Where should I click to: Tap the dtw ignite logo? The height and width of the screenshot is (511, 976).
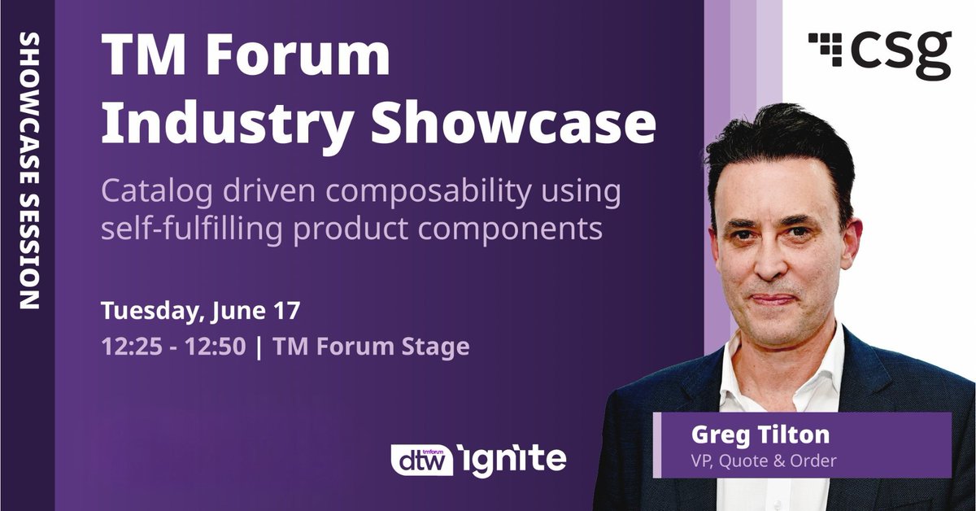tap(477, 458)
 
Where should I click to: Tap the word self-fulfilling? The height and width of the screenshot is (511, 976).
tap(190, 229)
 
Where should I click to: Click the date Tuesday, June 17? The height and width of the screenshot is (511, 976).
tap(201, 312)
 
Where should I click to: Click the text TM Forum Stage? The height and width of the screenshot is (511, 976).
tap(372, 347)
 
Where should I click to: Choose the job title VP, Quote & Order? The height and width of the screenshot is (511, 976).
tap(763, 461)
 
